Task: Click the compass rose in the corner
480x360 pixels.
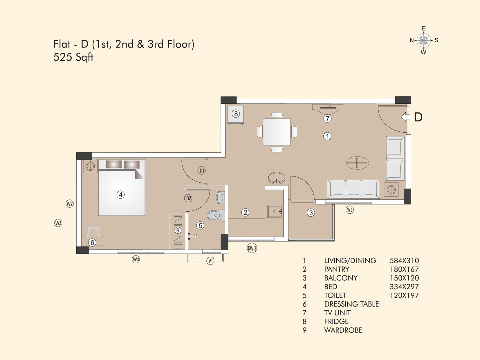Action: (x=424, y=40)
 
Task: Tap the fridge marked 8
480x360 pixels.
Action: (x=236, y=115)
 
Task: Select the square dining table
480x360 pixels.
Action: (x=277, y=132)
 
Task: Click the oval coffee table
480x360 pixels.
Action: (x=357, y=163)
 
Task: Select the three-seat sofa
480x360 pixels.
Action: (x=353, y=189)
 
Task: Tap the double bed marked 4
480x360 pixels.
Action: (x=122, y=188)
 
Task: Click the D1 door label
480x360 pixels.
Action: (x=201, y=170)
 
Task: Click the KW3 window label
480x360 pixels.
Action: (x=252, y=248)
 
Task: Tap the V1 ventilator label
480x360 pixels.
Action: (x=210, y=261)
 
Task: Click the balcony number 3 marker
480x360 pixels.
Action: (x=311, y=213)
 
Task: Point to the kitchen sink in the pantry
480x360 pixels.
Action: (x=275, y=211)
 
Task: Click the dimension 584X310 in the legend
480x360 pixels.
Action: (x=404, y=261)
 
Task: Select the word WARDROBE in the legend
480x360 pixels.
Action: (x=343, y=330)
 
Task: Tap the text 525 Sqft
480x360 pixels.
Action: (x=73, y=57)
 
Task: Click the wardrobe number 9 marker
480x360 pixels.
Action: (x=178, y=230)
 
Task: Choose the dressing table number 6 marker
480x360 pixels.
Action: (x=92, y=242)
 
